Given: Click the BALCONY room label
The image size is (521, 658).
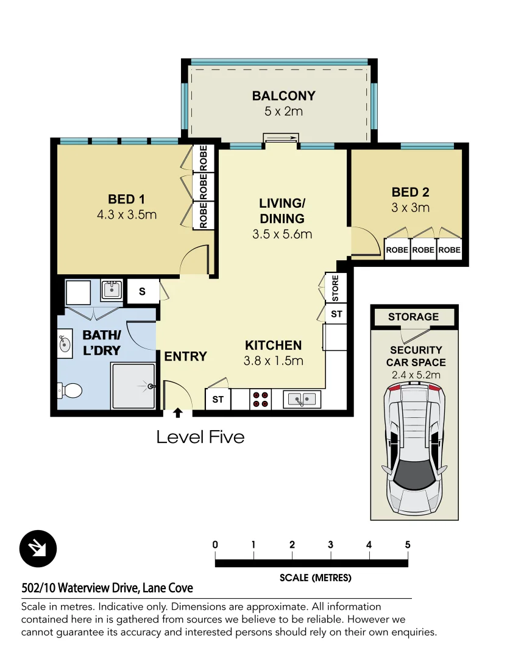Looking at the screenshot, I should pyautogui.click(x=283, y=96).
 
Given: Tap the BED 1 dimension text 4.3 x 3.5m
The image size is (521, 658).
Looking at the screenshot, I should pyautogui.click(x=126, y=214).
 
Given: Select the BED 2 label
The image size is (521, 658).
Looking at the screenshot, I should pyautogui.click(x=410, y=193).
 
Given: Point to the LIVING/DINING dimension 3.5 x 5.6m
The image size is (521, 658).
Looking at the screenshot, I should pyautogui.click(x=282, y=234).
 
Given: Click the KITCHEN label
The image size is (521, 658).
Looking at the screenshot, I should pyautogui.click(x=273, y=345).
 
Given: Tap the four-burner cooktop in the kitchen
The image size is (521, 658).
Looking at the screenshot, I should pyautogui.click(x=260, y=399).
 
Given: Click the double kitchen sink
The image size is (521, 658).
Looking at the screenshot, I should pyautogui.click(x=302, y=399).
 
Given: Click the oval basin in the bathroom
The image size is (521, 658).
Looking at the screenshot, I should pyautogui.click(x=64, y=343).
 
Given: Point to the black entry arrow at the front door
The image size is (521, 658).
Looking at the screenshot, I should pyautogui.click(x=178, y=413).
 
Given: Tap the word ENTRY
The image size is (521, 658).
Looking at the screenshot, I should pyautogui.click(x=185, y=356).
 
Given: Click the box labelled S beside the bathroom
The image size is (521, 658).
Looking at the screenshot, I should pyautogui.click(x=142, y=291).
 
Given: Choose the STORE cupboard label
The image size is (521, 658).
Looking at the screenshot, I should pyautogui.click(x=335, y=289).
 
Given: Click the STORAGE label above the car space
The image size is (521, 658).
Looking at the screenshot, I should pyautogui.click(x=413, y=317).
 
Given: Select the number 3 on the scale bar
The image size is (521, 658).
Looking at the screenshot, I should pyautogui.click(x=330, y=545).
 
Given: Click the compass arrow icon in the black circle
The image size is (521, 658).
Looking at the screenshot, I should pyautogui.click(x=38, y=549).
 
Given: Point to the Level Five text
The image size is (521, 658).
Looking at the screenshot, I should pyautogui.click(x=200, y=437).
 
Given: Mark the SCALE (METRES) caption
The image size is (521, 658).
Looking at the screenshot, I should pyautogui.click(x=315, y=578).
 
